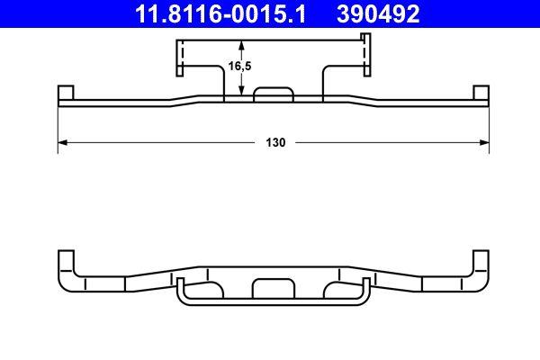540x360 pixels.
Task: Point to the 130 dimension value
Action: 274,143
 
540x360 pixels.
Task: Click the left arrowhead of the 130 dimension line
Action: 63,143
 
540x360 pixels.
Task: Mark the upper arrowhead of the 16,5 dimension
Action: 241,47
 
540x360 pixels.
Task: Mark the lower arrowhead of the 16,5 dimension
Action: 241,92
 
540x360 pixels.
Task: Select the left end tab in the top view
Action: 65,94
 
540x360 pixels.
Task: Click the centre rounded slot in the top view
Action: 274,94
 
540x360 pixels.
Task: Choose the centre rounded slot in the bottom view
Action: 274,288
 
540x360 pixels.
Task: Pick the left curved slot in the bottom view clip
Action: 209,289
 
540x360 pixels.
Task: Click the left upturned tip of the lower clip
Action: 179,286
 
